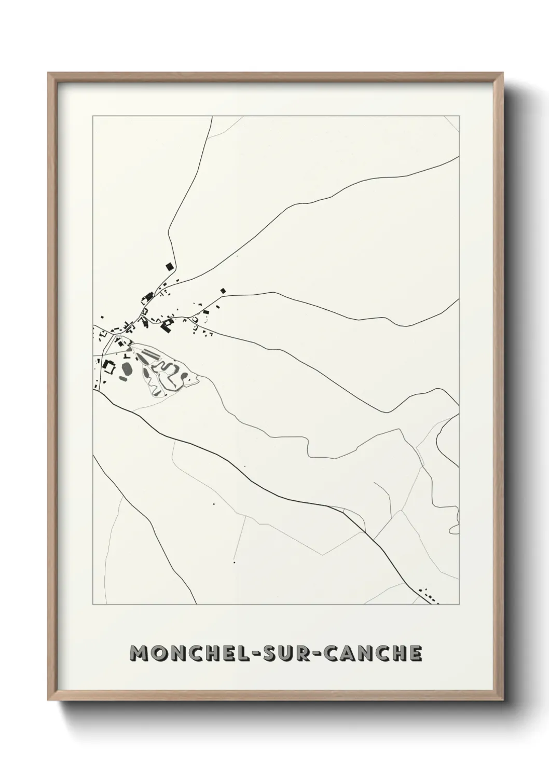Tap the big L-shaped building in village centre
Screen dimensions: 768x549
click(167, 326)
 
